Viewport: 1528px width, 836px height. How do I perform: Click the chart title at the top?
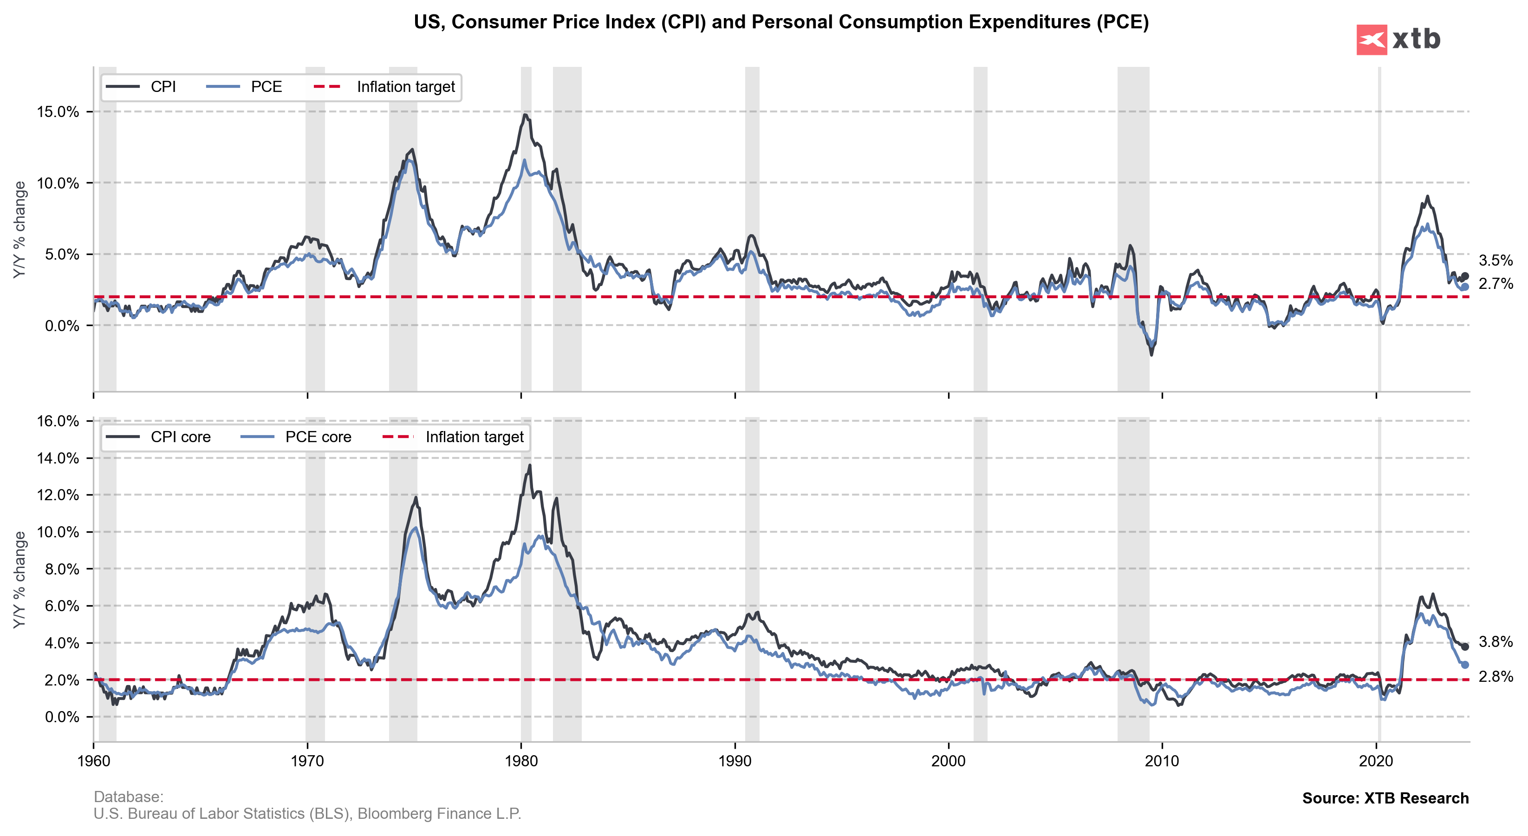pyautogui.click(x=780, y=22)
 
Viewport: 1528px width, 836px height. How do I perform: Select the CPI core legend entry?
pyautogui.click(x=180, y=438)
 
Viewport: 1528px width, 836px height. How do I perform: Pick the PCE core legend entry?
pyautogui.click(x=318, y=438)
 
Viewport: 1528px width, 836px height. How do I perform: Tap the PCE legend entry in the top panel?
pyautogui.click(x=266, y=87)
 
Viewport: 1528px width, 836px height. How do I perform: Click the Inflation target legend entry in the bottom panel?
pyautogui.click(x=474, y=438)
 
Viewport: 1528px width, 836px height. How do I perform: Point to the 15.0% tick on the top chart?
pyautogui.click(x=58, y=112)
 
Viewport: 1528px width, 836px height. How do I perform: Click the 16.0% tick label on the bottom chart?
pyautogui.click(x=58, y=421)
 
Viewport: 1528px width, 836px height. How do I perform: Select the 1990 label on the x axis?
pyautogui.click(x=735, y=761)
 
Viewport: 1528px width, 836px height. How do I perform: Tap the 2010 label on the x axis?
pyautogui.click(x=1162, y=761)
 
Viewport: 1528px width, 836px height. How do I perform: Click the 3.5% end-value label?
pyautogui.click(x=1495, y=261)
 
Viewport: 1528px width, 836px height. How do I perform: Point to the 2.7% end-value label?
pyautogui.click(x=1495, y=284)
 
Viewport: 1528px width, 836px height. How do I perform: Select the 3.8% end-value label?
pyautogui.click(x=1495, y=642)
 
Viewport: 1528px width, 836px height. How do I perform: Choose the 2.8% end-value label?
pyautogui.click(x=1495, y=677)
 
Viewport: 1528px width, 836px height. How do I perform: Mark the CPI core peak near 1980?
pyautogui.click(x=530, y=465)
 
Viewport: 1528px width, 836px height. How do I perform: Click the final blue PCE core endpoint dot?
pyautogui.click(x=1464, y=665)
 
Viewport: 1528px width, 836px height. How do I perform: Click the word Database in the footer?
pyautogui.click(x=128, y=797)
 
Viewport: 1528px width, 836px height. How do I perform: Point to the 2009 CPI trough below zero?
pyautogui.click(x=1151, y=355)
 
